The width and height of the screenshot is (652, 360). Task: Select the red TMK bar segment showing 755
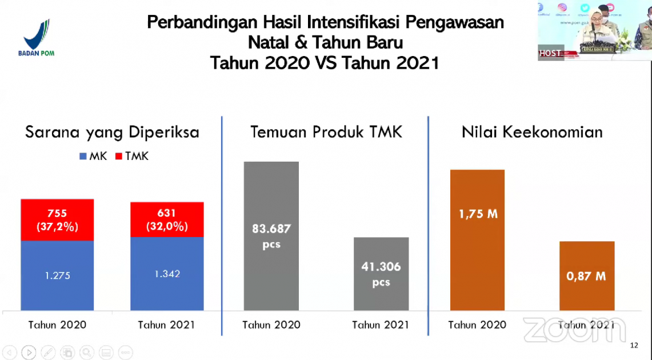point(57,220)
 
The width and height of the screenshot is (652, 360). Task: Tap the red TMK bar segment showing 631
point(167,219)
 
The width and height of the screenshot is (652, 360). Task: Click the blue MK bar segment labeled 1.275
point(57,275)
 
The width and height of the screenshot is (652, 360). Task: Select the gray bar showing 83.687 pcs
point(271,235)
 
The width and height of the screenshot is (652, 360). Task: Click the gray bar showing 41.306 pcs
point(381,274)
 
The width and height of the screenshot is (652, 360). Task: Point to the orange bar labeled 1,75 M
point(477,240)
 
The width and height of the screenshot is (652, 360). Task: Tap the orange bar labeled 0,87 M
point(587,276)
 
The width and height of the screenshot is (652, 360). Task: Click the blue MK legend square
point(83,156)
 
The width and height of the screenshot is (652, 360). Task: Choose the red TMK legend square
point(119,156)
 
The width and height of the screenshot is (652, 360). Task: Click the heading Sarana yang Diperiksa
point(112,133)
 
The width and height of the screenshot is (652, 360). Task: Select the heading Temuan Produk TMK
point(326,133)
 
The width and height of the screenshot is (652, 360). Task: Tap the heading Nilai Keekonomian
point(532,133)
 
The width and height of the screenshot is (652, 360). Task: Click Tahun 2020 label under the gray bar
point(271,325)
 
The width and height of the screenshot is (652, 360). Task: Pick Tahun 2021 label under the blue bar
point(166,325)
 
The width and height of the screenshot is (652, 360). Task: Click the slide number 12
point(634,345)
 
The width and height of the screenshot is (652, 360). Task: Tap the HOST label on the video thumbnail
point(550,53)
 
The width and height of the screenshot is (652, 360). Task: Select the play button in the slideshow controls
point(29,352)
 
